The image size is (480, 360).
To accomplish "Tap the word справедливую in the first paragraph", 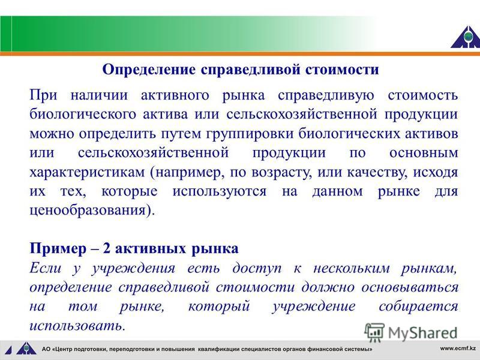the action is [326, 95].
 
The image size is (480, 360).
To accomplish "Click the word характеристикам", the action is [87, 172].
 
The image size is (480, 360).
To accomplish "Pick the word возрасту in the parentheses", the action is [281, 173].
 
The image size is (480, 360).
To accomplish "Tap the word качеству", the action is [377, 173].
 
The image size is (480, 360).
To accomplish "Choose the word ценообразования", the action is [88, 211].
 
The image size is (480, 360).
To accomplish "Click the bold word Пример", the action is [58, 248].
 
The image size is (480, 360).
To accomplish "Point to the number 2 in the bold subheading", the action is [106, 248].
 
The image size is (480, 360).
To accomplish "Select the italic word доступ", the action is [257, 268].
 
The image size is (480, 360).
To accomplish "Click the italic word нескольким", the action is [352, 268].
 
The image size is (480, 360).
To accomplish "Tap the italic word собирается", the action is [418, 306].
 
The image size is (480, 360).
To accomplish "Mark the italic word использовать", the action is [76, 325].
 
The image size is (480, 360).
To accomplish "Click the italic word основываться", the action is [410, 287].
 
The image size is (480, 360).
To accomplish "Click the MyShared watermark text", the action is [422, 333].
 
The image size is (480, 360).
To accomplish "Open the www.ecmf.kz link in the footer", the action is [458, 348].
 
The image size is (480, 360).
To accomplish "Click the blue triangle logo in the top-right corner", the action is [466, 37].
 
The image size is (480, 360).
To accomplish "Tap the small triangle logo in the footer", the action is [26, 349].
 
